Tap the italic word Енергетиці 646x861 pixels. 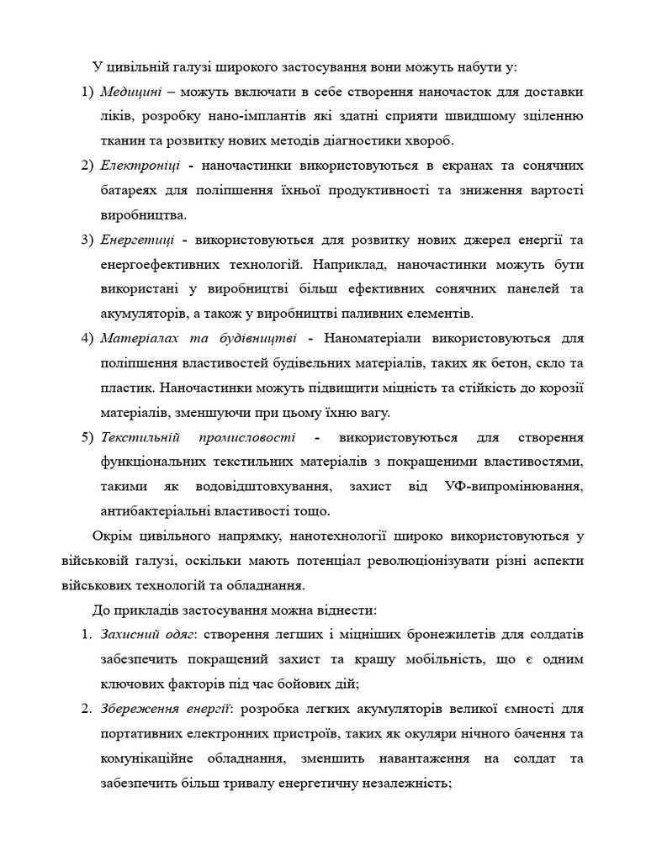click(x=136, y=240)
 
